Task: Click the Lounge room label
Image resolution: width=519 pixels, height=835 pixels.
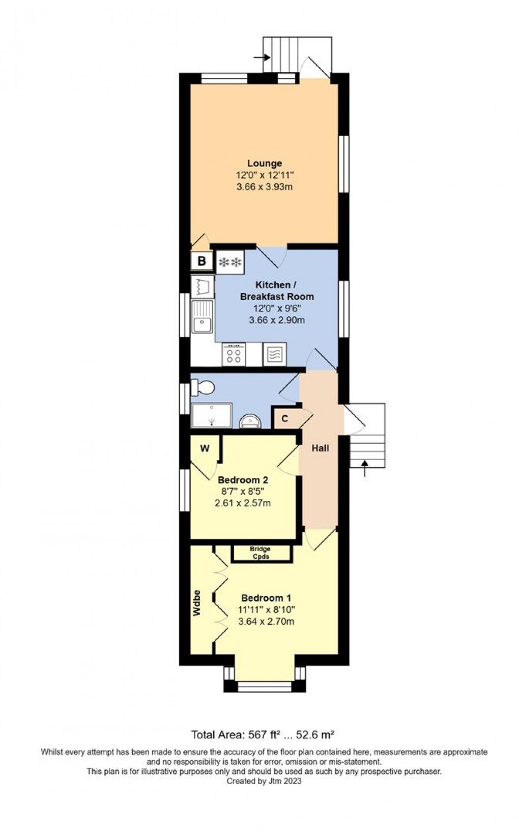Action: pyautogui.click(x=265, y=163)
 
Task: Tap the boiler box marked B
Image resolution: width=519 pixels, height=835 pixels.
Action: pyautogui.click(x=202, y=261)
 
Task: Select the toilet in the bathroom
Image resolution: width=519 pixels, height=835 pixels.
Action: pyautogui.click(x=202, y=387)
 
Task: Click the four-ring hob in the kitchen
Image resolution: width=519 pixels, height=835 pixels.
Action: pyautogui.click(x=234, y=354)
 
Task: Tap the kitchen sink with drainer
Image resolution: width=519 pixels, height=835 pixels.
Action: pyautogui.click(x=202, y=317)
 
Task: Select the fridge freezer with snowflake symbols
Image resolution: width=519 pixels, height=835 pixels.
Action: pyautogui.click(x=230, y=262)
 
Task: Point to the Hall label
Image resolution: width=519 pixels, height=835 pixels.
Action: pyautogui.click(x=320, y=448)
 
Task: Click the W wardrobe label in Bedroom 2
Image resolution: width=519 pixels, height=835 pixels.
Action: pyautogui.click(x=205, y=448)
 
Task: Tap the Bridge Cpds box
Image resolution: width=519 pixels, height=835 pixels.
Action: pyautogui.click(x=261, y=553)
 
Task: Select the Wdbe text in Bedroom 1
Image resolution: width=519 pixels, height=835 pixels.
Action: pyautogui.click(x=196, y=603)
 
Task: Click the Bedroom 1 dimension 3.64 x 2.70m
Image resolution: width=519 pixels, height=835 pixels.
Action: pyautogui.click(x=266, y=622)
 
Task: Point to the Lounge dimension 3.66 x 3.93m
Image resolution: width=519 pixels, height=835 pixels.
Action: pyautogui.click(x=265, y=187)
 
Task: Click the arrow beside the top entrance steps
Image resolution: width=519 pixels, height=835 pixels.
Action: pyautogui.click(x=262, y=58)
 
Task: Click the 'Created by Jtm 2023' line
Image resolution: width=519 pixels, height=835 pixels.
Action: pyautogui.click(x=264, y=780)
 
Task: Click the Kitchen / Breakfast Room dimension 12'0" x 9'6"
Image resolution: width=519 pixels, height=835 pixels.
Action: pyautogui.click(x=277, y=308)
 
